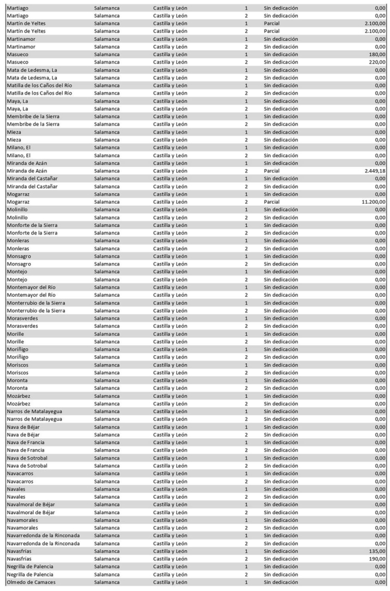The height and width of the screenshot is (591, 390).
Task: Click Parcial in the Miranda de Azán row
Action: point(271,171)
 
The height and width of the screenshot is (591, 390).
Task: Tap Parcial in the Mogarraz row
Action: point(271,202)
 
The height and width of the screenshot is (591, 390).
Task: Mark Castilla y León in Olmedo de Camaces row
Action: point(170,582)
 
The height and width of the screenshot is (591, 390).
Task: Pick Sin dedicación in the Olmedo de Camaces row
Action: point(281,582)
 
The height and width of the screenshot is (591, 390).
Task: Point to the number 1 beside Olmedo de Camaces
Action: point(246,582)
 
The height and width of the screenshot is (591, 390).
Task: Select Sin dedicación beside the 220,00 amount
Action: point(281,62)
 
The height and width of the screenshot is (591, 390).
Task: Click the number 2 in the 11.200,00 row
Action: point(246,202)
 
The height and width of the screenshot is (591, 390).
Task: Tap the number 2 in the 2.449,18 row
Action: point(246,171)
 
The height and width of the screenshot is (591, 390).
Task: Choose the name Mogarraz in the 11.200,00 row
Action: point(18,202)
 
